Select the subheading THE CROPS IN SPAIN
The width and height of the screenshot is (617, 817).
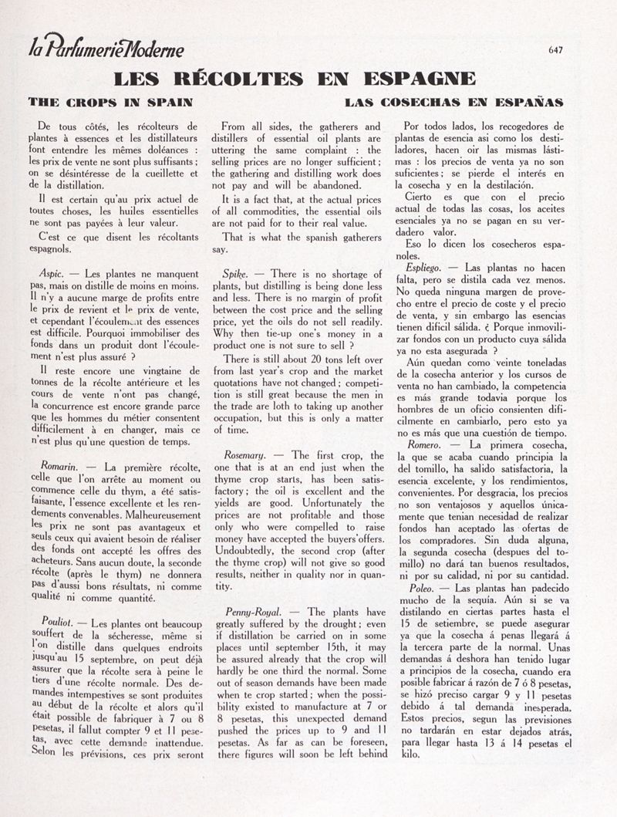(110, 102)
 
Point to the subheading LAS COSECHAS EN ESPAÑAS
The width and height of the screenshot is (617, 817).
(454, 102)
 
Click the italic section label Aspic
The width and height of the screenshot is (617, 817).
(51, 273)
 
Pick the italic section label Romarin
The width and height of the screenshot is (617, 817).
(57, 466)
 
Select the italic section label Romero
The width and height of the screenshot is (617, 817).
(424, 444)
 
